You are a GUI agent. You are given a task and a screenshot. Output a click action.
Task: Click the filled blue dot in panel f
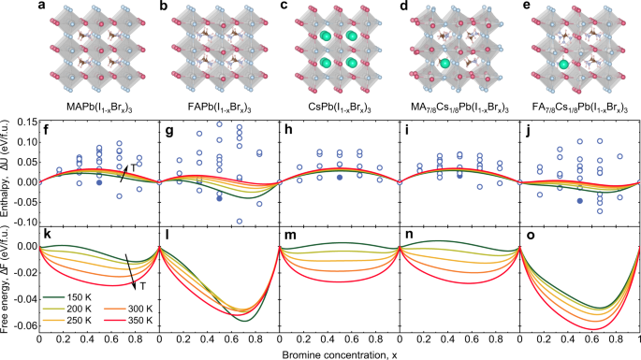pyautogui.click(x=98, y=182)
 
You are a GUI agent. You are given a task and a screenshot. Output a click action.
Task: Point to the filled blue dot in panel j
pyautogui.click(x=580, y=200)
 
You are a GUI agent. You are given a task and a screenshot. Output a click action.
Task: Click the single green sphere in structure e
pyautogui.click(x=566, y=66)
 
